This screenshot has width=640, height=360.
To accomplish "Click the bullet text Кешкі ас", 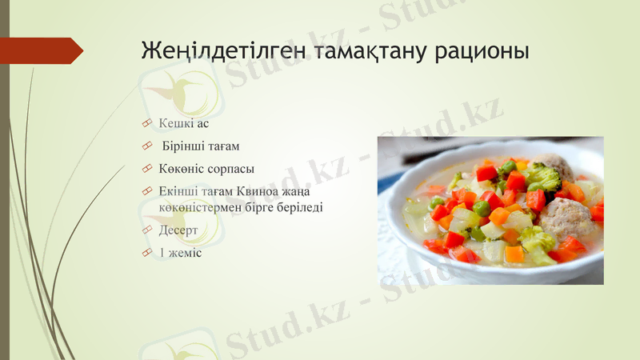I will pos(183,123).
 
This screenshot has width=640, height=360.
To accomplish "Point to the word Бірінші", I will pos(185,146).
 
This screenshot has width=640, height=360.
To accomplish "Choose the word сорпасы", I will pos(228,170).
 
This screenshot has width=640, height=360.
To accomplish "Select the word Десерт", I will pos(178,230).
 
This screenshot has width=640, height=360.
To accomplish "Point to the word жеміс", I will pos(185,253).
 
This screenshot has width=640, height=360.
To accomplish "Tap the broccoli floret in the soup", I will pos(544,176).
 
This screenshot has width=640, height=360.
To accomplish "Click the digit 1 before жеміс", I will pos(162,253).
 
